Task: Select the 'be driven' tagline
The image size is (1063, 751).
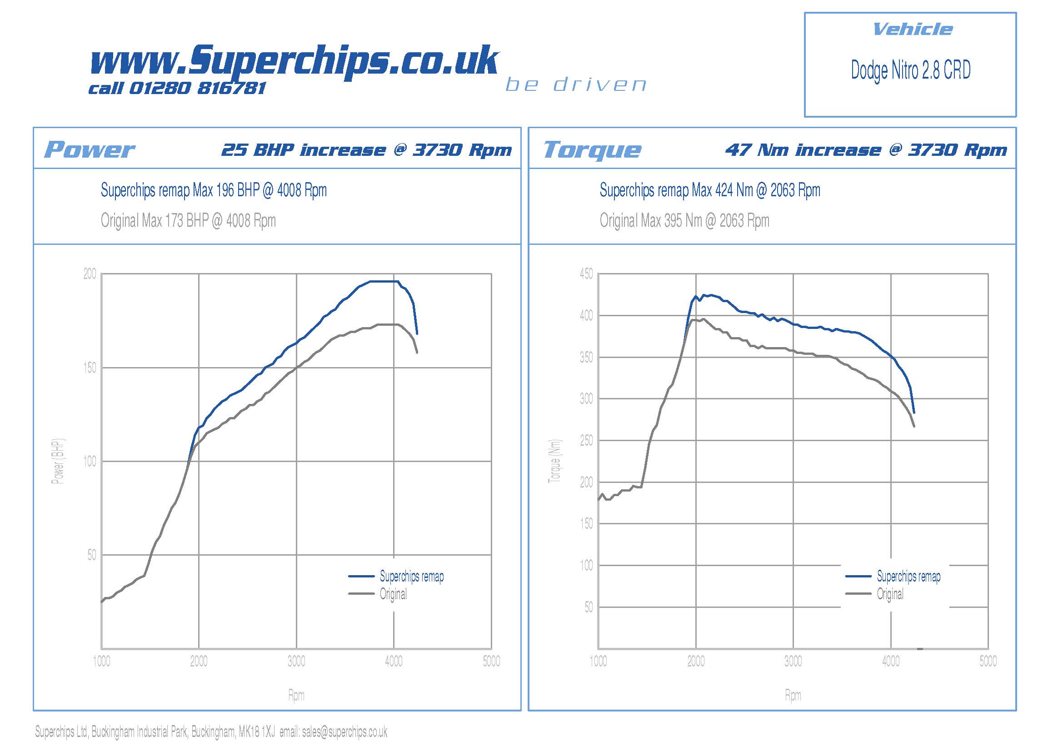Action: click(x=575, y=85)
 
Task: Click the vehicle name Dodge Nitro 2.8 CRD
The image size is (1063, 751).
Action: click(x=910, y=70)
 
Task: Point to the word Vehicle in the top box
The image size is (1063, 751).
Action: click(x=912, y=30)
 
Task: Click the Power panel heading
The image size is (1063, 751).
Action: click(x=89, y=149)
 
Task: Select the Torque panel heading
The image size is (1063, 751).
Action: click(x=592, y=149)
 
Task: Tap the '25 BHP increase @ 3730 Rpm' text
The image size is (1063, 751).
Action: click(x=366, y=150)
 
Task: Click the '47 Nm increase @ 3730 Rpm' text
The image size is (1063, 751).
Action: click(x=866, y=150)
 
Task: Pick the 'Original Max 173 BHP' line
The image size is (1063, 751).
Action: click(x=188, y=221)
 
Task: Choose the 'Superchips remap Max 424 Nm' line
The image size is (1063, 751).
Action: click(x=709, y=190)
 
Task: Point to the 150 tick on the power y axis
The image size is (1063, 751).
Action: click(x=90, y=368)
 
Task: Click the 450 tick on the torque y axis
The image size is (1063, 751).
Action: click(x=586, y=274)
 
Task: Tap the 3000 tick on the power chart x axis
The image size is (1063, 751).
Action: click(x=296, y=661)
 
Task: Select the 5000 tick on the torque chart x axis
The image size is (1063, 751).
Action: click(x=988, y=661)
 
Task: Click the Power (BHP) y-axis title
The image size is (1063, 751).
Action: click(x=58, y=461)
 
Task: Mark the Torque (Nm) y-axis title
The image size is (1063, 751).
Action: click(x=554, y=461)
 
